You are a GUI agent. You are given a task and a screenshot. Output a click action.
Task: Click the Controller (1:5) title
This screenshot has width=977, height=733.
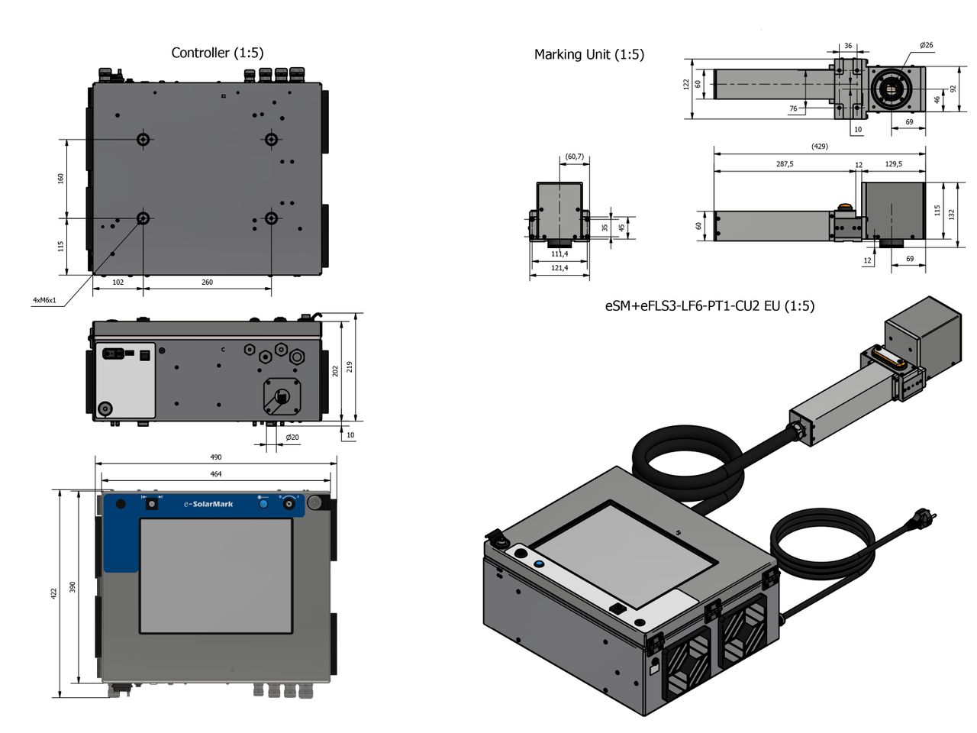point(217,53)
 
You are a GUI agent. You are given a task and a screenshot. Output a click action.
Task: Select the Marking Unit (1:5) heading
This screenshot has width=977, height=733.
point(588,54)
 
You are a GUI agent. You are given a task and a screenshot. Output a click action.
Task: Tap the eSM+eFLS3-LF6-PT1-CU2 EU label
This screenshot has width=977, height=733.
point(709,306)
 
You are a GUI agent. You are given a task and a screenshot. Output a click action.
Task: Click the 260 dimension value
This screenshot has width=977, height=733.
point(207,283)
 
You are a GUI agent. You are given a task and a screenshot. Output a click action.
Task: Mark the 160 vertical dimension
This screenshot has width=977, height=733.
point(61,178)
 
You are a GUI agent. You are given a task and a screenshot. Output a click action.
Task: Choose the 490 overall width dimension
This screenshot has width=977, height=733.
point(216,457)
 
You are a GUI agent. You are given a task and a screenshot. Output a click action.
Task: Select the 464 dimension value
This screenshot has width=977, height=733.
point(216,474)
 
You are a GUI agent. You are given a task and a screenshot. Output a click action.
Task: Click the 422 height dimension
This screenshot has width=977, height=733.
point(54,593)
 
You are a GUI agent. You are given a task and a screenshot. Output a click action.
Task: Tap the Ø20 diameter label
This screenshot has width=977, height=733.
point(292,438)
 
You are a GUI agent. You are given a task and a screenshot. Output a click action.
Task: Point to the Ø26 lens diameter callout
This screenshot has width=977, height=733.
point(926,46)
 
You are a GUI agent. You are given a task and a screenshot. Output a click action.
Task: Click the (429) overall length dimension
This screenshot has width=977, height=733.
point(819,147)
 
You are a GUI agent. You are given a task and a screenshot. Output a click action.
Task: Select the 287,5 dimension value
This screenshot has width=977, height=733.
point(784,164)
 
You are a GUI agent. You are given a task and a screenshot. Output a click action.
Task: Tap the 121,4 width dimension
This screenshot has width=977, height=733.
point(559,268)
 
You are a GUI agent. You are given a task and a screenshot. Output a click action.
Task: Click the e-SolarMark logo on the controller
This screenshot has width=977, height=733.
point(208,504)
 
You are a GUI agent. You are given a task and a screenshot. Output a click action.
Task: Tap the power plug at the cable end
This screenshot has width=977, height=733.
point(925,521)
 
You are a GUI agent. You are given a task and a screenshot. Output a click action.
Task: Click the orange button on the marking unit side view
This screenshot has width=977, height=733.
point(844,206)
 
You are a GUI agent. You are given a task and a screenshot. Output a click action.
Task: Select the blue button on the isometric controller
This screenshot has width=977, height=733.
point(539,563)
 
